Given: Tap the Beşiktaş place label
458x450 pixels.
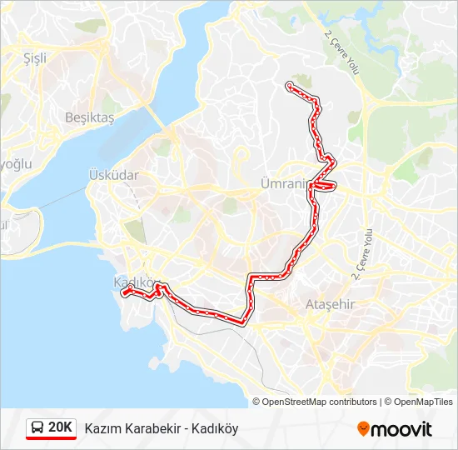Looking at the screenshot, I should coord(89,117).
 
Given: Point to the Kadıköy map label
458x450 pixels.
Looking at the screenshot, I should coord(133,282).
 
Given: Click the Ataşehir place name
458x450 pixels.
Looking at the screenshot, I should coord(330,304).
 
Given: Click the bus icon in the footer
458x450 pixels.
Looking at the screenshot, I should coord(37,428).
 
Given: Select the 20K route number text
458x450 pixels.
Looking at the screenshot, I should coord(60,427).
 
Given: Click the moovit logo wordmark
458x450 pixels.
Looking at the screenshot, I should coord(402,429).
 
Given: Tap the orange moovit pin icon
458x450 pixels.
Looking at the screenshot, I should coord(364,428).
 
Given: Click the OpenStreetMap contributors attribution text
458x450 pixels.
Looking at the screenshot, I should coord(320,402).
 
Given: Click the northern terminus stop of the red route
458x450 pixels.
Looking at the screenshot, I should coord(289,85).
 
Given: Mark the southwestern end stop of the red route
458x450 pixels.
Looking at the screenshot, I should coord(125,292).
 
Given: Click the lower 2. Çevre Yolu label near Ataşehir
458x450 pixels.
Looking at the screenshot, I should coord(362,251).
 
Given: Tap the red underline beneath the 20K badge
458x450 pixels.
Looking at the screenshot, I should coord(51,438).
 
